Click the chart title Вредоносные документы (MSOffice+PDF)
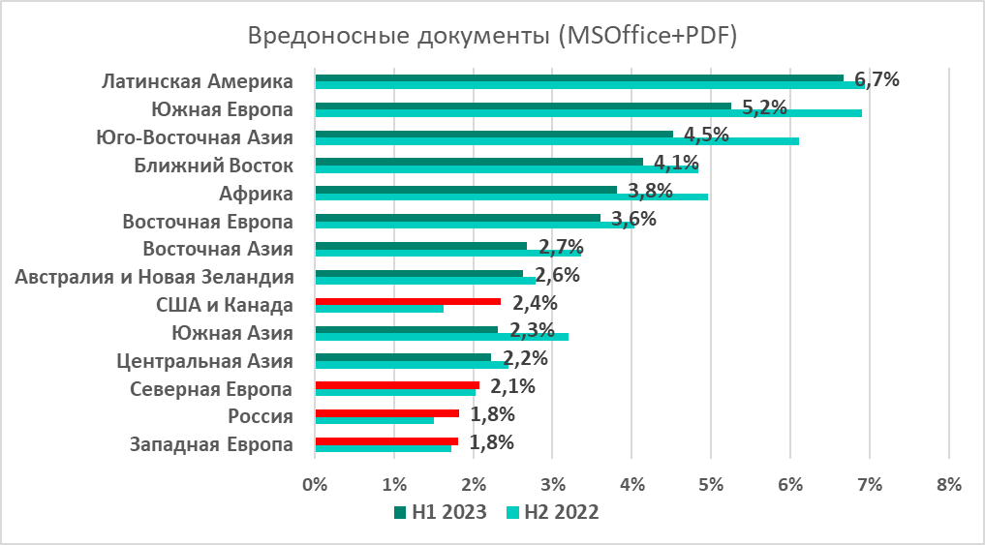(x=492, y=36)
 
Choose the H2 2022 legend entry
(x=554, y=512)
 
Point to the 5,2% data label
(x=763, y=106)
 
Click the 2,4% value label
(x=535, y=303)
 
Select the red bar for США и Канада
(x=408, y=301)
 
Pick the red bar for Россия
(x=386, y=412)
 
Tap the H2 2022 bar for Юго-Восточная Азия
(x=557, y=141)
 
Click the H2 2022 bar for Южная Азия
(x=442, y=337)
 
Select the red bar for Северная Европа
(x=397, y=385)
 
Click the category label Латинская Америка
(x=198, y=80)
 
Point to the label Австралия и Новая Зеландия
(x=155, y=277)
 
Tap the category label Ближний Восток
(x=213, y=165)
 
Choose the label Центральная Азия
(x=204, y=361)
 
